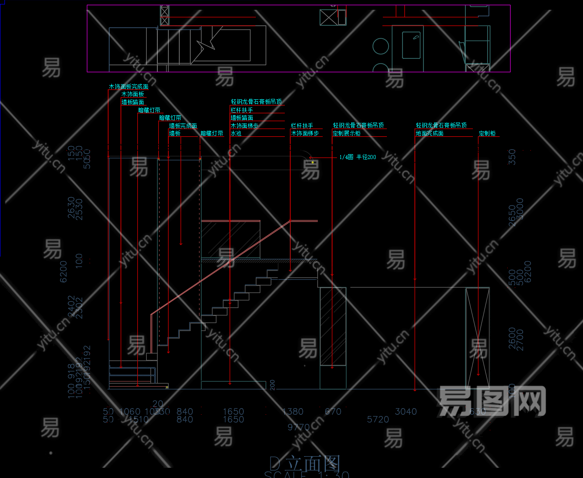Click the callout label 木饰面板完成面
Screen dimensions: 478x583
tap(128, 86)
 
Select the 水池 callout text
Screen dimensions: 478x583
tap(236, 133)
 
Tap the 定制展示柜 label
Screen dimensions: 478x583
tap(346, 133)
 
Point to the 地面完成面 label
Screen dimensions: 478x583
tap(429, 133)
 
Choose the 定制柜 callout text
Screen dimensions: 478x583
tap(487, 133)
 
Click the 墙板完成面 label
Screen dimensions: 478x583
tap(183, 126)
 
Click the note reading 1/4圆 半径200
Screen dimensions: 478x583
tap(357, 157)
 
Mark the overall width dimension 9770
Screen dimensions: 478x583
tap(298, 427)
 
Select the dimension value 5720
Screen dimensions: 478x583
tap(378, 419)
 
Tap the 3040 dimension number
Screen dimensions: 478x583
tap(406, 412)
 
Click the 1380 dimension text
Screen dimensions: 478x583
tap(292, 412)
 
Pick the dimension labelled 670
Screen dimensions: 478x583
tap(333, 412)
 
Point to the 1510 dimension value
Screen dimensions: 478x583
tap(138, 419)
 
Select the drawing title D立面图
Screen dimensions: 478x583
tap(305, 464)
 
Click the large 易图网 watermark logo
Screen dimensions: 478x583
tap(492, 401)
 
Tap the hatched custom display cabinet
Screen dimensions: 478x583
tap(333, 326)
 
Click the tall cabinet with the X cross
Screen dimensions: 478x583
tap(477, 338)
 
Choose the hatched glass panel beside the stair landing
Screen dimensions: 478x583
tap(230, 239)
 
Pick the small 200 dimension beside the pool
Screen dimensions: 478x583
tap(272, 385)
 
